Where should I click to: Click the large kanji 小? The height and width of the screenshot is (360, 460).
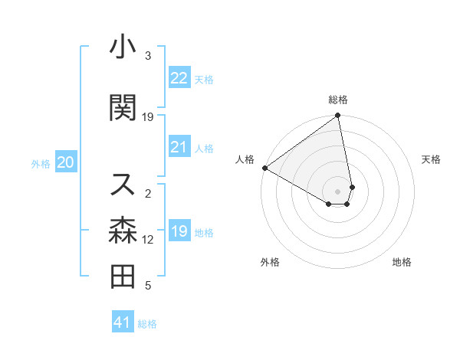[123, 48]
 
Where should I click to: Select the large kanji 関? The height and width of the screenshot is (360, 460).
[123, 108]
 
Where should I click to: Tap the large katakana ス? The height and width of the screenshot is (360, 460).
[123, 184]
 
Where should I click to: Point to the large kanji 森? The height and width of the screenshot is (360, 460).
[123, 231]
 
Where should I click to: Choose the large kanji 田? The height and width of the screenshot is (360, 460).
[123, 277]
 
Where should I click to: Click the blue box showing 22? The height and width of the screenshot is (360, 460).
[179, 78]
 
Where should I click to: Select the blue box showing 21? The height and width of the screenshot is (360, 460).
[179, 147]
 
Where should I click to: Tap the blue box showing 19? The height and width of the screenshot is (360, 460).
[179, 231]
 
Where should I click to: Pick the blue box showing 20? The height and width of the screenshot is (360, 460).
[66, 162]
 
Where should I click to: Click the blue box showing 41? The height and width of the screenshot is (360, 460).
[123, 322]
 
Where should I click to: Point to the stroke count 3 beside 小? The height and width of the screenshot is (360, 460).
[149, 56]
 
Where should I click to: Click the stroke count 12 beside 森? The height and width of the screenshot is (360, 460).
[149, 240]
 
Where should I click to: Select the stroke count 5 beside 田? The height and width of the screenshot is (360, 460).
[149, 286]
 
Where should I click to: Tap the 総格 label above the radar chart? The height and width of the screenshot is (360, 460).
[338, 100]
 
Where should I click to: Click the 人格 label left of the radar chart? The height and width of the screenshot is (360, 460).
[245, 159]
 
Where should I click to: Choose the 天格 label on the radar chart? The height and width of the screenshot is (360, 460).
[431, 159]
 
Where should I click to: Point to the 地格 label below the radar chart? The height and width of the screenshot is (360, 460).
[402, 263]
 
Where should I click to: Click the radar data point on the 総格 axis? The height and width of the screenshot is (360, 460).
[338, 116]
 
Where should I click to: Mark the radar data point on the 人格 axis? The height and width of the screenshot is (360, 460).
[264, 167]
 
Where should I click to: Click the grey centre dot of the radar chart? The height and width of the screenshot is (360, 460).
[338, 191]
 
